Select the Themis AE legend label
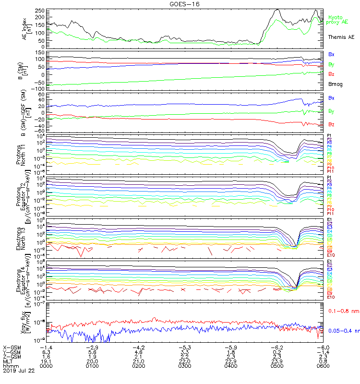[x=341, y=37]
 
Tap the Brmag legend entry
[x=335, y=84]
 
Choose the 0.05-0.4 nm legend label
[x=342, y=331]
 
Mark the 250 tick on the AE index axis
[x=39, y=10]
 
